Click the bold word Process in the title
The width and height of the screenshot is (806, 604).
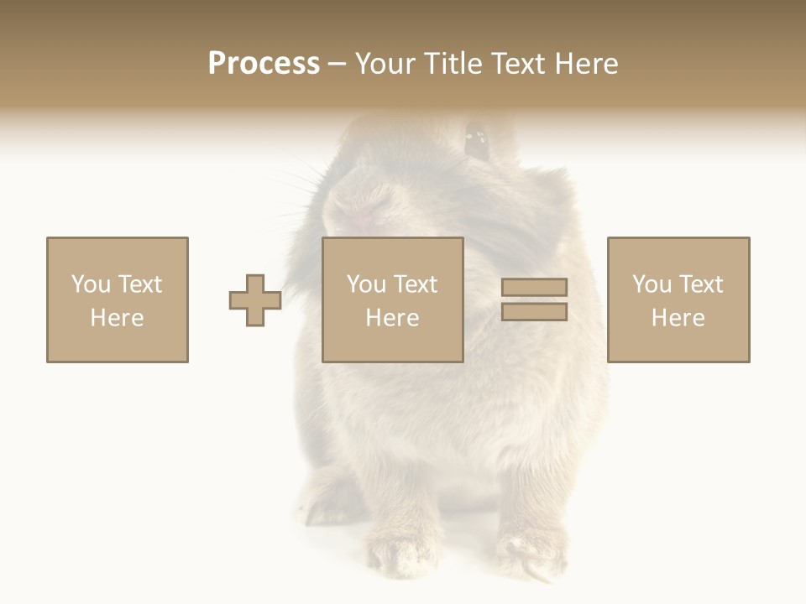click(x=264, y=64)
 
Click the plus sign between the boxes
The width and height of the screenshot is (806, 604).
click(x=255, y=300)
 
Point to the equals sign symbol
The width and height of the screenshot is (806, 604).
click(x=534, y=299)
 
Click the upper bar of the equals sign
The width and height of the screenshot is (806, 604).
click(x=534, y=288)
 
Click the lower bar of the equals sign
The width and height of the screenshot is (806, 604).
click(x=534, y=311)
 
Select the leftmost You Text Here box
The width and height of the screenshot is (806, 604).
click(x=118, y=299)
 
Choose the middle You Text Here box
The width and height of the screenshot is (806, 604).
click(x=393, y=299)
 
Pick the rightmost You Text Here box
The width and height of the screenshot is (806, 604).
click(x=678, y=299)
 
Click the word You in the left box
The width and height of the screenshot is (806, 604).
click(x=91, y=284)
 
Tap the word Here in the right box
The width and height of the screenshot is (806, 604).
click(x=678, y=318)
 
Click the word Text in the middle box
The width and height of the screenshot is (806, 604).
click(x=416, y=284)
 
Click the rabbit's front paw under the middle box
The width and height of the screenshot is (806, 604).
click(x=395, y=549)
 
